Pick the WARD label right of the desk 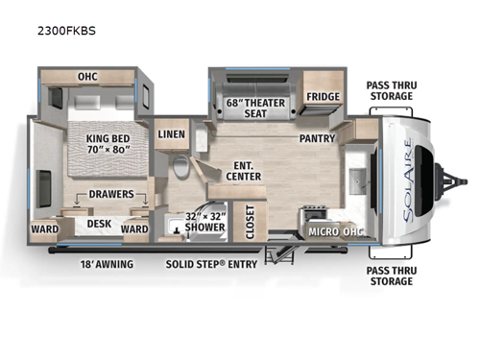(133, 229)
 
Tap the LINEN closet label (172, 134)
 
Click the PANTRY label (317, 138)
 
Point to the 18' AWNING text (107, 263)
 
